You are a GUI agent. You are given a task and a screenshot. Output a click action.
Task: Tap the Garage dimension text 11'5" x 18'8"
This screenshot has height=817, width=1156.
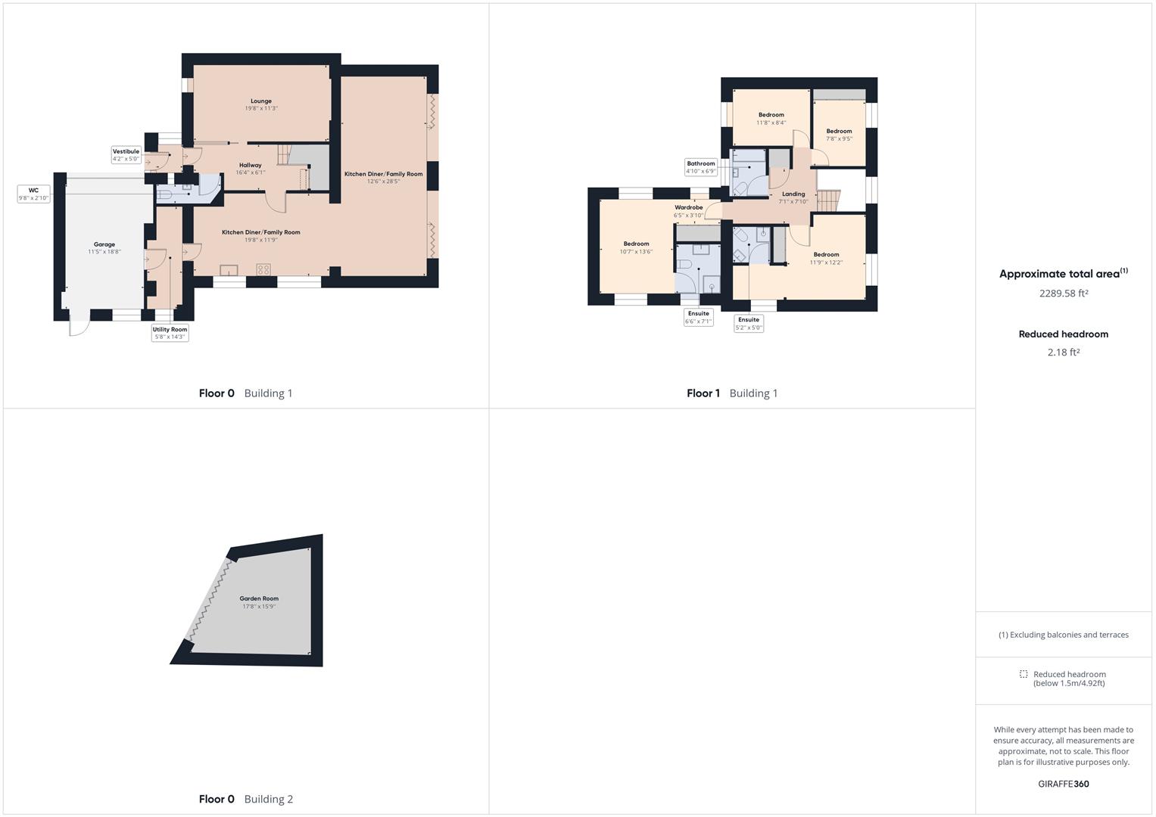pos(104,252)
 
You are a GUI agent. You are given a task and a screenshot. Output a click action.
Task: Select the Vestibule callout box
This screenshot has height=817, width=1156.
pos(126,155)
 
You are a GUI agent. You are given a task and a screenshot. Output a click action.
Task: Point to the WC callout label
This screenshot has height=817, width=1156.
pos(33,194)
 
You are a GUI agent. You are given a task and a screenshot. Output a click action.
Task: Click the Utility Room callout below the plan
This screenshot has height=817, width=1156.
pos(170,333)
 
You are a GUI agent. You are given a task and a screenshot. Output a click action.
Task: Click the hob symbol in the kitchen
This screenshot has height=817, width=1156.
pos(263,269)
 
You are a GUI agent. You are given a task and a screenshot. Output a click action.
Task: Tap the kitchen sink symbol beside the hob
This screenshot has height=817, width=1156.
pos(229,270)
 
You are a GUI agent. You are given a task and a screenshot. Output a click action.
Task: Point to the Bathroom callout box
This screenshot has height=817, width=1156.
pos(701,167)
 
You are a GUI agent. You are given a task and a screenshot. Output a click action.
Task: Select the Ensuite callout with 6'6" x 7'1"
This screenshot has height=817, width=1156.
pos(698,317)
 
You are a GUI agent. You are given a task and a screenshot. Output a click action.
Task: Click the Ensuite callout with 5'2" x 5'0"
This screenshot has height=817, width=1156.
pos(749,324)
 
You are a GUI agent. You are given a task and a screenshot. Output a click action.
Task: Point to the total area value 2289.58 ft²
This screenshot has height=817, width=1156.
pos(1064,293)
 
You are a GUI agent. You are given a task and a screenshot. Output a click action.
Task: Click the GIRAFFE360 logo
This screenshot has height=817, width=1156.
pos(1064,784)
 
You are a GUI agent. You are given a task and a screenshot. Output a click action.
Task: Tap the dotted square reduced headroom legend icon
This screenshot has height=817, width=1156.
pos(1024,674)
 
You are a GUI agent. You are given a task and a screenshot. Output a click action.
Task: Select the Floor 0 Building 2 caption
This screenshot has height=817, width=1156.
pos(245,799)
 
